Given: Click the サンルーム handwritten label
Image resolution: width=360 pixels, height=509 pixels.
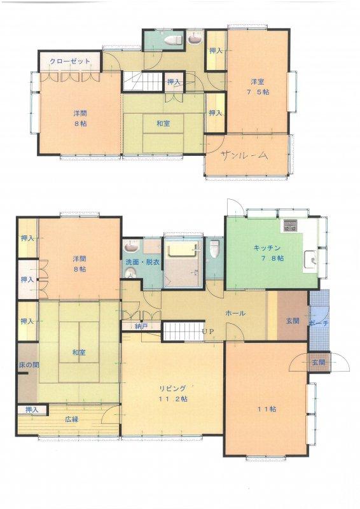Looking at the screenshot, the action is pyautogui.click(x=245, y=156).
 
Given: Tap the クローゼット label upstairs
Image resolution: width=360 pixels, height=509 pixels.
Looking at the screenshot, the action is pyautogui.click(x=70, y=61).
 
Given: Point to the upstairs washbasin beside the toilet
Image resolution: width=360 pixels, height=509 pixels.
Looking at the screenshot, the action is pyautogui.click(x=195, y=38).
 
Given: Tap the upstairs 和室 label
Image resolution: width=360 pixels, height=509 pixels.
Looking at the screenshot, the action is pyautogui.click(x=163, y=123).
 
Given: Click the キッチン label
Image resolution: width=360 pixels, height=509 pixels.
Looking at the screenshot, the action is pyautogui.click(x=267, y=248).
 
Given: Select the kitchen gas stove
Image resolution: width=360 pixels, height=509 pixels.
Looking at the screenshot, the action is pyautogui.click(x=290, y=225).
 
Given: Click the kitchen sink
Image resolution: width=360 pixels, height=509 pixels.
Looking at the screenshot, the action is pyautogui.click(x=310, y=260).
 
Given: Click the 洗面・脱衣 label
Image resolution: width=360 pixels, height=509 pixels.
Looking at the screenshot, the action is pyautogui.click(x=142, y=262).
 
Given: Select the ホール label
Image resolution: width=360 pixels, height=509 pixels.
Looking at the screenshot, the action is pyautogui.click(x=235, y=313).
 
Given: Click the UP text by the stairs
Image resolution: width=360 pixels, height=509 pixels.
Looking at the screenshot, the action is pyautogui.click(x=208, y=331).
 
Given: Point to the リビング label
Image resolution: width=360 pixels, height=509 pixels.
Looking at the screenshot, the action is pyautogui.click(x=173, y=389).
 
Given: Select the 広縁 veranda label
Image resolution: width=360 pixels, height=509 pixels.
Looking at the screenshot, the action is pyautogui.click(x=72, y=419).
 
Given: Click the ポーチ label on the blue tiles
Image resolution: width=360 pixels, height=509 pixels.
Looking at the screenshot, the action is pyautogui.click(x=319, y=323).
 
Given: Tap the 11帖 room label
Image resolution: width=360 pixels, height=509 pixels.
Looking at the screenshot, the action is pyautogui.click(x=267, y=409).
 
